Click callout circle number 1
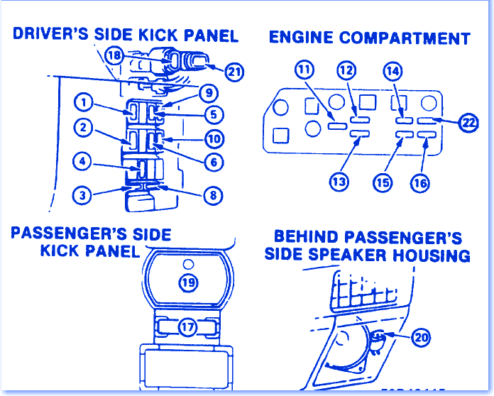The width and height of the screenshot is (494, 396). coord(84,104)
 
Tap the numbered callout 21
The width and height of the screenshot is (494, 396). coord(234,70)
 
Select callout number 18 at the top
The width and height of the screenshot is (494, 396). coord(114,55)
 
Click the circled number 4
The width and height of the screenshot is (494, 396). coord(84,163)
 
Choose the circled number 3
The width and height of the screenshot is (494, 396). coord(84,194)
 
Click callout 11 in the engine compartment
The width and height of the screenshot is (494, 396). coord(304,70)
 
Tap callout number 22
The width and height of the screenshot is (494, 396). coord(468,123)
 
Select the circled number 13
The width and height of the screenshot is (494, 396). coord(339,181)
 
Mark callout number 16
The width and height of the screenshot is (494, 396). coord(419,182)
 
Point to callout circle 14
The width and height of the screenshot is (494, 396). coord(392,70)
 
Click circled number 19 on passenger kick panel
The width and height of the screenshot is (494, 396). coord(187,282)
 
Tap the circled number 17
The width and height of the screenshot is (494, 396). coord(187,327)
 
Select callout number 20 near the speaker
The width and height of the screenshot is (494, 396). coord(421,338)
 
